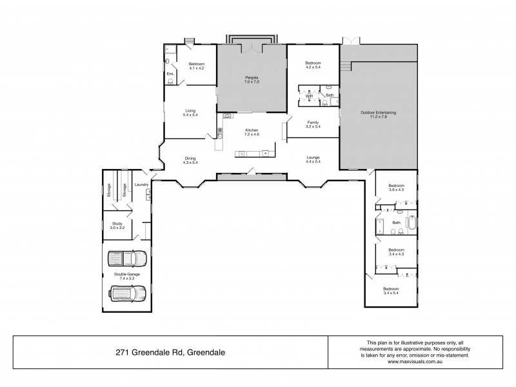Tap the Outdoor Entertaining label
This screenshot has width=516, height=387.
(x=378, y=113)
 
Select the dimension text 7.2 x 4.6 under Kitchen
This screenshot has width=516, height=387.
(x=251, y=134)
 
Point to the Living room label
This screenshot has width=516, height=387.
(x=189, y=110)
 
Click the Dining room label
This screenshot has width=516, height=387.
(x=190, y=158)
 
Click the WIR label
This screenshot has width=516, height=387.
(x=309, y=95)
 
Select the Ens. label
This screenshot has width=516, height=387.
(x=170, y=74)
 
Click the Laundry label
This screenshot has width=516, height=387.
(x=141, y=185)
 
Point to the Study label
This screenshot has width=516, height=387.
(x=117, y=223)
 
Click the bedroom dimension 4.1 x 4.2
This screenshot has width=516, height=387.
(x=196, y=68)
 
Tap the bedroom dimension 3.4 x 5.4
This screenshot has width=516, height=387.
(x=391, y=293)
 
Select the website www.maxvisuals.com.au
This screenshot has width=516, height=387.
(x=415, y=361)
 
